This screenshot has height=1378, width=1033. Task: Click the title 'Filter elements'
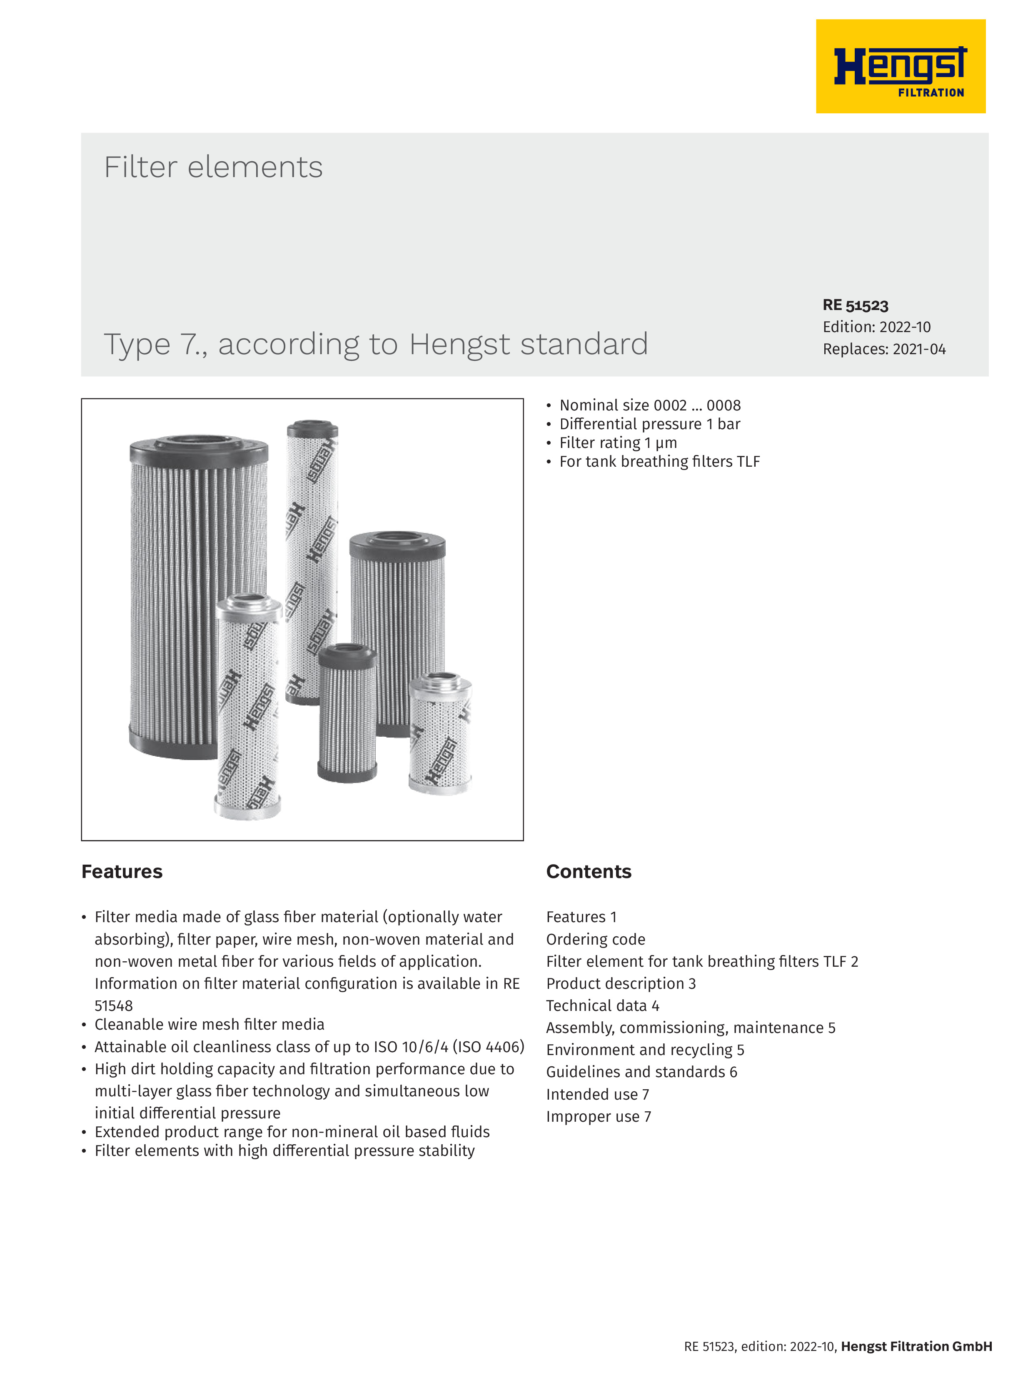tap(213, 167)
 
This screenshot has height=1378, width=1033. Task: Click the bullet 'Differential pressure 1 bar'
tap(649, 424)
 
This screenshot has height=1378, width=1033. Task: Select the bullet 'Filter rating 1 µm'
tap(618, 443)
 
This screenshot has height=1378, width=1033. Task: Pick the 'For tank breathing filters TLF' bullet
tap(659, 462)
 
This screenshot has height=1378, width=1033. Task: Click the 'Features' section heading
tap(122, 872)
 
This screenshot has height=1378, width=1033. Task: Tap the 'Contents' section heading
tap(589, 872)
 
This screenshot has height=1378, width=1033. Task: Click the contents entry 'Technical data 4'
tap(602, 1006)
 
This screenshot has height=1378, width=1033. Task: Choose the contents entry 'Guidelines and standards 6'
tap(641, 1072)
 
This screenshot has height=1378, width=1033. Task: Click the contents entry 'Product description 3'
tap(621, 984)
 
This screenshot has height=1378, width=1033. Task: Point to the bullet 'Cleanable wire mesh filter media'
tap(209, 1025)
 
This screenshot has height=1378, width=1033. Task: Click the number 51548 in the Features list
tap(114, 1006)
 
